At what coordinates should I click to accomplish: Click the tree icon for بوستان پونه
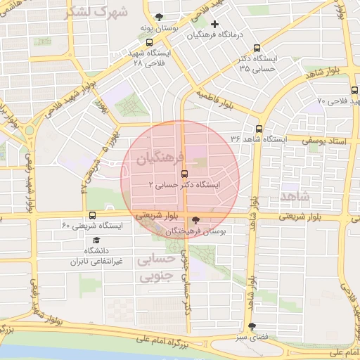coord(160,17)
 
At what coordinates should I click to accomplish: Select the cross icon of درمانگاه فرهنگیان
coord(215,25)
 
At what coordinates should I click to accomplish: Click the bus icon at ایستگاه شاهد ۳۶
coord(259,129)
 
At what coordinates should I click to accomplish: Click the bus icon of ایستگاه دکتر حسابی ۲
coord(185,173)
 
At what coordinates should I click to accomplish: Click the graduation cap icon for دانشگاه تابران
coord(96,240)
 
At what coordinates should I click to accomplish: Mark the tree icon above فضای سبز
coord(252,326)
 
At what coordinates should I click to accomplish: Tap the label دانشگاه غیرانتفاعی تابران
coord(96,256)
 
